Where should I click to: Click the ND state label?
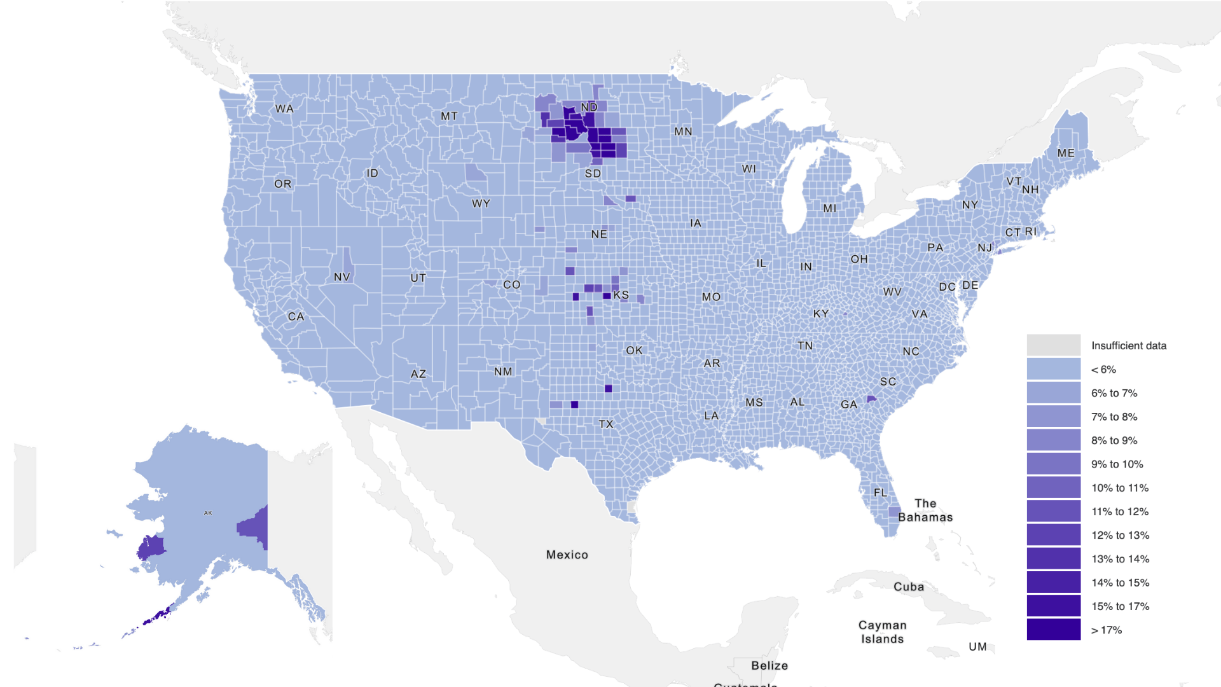(589, 107)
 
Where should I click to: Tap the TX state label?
(606, 424)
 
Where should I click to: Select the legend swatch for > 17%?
(1053, 630)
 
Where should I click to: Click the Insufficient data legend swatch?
(1053, 345)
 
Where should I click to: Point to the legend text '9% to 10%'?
(1117, 464)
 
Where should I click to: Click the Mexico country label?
(567, 555)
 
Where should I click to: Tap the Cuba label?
(908, 586)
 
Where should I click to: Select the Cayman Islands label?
(882, 632)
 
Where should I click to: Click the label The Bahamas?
(925, 510)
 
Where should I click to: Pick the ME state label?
(1066, 153)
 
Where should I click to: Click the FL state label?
(880, 492)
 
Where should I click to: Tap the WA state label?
(284, 109)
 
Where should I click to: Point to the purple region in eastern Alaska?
(254, 528)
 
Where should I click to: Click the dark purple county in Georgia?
(871, 399)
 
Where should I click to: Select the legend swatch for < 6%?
(1053, 369)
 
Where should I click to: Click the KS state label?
(621, 295)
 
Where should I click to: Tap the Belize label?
(769, 665)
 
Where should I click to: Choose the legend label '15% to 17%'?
(1120, 606)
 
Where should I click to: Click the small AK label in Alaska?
(208, 513)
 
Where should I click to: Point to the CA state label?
(296, 316)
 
